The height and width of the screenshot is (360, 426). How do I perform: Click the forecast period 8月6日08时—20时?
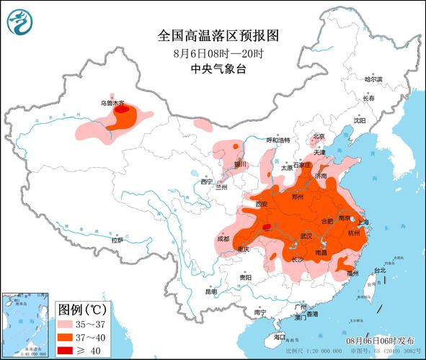(217, 53)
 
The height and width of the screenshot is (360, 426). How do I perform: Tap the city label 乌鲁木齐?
(112, 103)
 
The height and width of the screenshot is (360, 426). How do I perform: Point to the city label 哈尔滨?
(374, 78)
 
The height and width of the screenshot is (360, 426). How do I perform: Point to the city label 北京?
(319, 135)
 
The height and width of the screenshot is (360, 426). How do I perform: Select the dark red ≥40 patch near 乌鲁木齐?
(123, 110)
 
